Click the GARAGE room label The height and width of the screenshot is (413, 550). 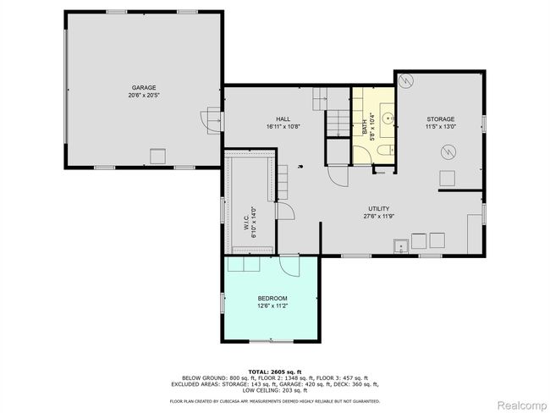pyautogui.click(x=144, y=88)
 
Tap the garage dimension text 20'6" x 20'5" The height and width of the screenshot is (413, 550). pyautogui.click(x=144, y=95)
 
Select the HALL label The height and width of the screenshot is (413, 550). pyautogui.click(x=283, y=119)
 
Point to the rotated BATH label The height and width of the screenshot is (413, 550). pyautogui.click(x=365, y=127)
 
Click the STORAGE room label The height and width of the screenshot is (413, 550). pyautogui.click(x=441, y=119)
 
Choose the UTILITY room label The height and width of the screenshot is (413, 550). pyautogui.click(x=379, y=209)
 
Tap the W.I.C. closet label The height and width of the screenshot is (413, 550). pyautogui.click(x=246, y=223)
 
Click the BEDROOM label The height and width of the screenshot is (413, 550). pyautogui.click(x=272, y=299)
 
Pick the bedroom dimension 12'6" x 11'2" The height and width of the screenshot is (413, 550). pyautogui.click(x=272, y=306)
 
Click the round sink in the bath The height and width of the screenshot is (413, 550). pyautogui.click(x=388, y=118)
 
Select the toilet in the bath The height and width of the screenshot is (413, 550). pyautogui.click(x=386, y=151)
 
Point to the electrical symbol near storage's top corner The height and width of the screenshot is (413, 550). pyautogui.click(x=407, y=80)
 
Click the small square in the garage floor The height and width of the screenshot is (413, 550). pyautogui.click(x=158, y=157)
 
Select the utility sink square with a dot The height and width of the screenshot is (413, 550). pyautogui.click(x=401, y=246)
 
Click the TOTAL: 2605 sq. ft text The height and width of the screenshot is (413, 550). pyautogui.click(x=275, y=372)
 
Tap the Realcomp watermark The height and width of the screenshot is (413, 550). pyautogui.click(x=522, y=405)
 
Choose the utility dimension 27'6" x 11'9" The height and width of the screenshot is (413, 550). pyautogui.click(x=379, y=216)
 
